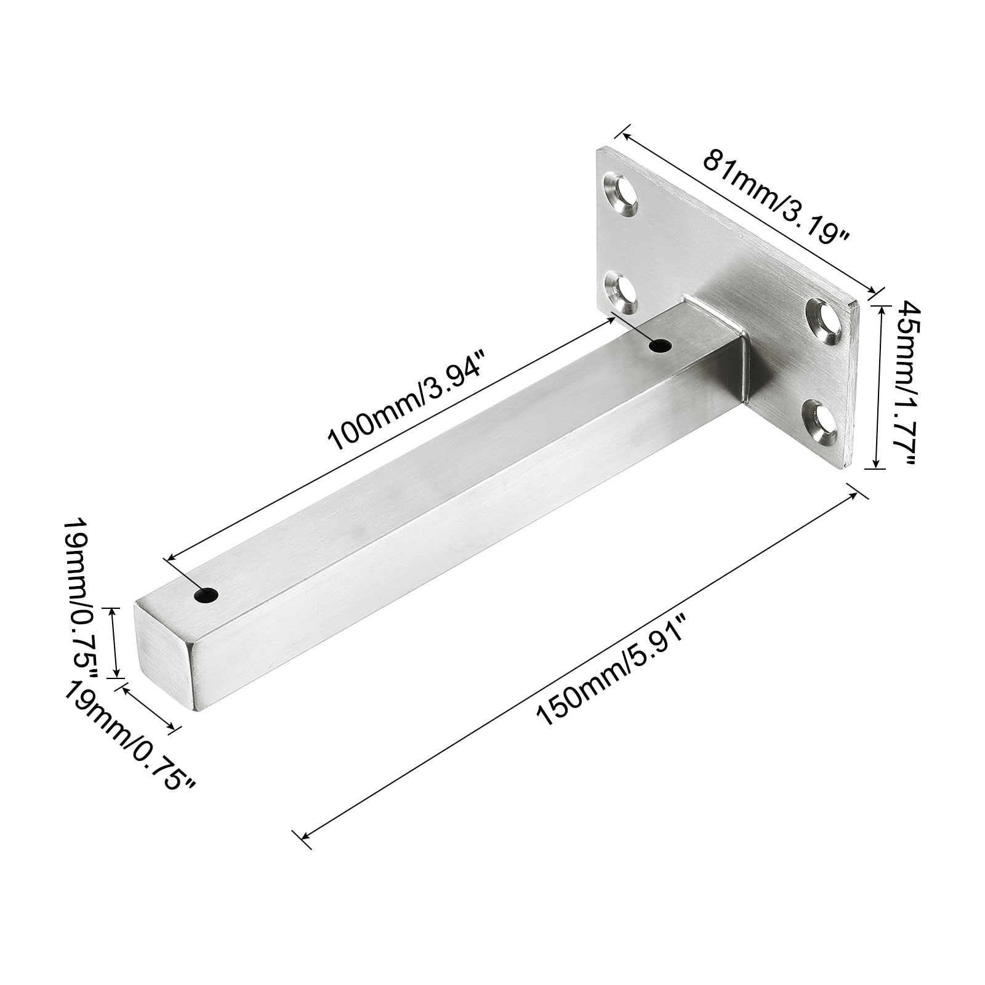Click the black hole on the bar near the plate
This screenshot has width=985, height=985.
(661, 347)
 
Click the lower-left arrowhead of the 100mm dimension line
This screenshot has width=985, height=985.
(172, 557)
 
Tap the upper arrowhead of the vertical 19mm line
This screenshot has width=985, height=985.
(112, 611)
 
